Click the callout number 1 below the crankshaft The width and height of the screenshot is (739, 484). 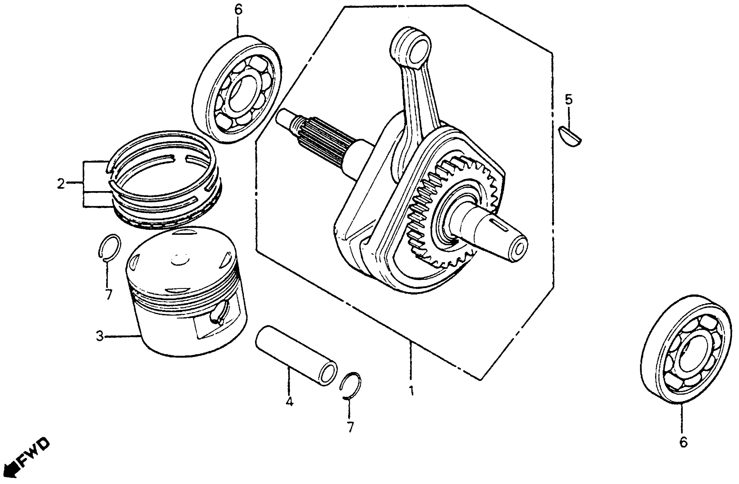click(411, 391)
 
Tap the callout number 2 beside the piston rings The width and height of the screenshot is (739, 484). click(61, 184)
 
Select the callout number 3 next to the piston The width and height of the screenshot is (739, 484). click(99, 336)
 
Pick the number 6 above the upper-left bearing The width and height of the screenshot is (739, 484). click(238, 10)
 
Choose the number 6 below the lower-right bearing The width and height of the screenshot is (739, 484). click(683, 442)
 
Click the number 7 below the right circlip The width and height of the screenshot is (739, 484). click(350, 427)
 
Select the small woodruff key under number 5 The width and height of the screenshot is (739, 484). click(570, 136)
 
